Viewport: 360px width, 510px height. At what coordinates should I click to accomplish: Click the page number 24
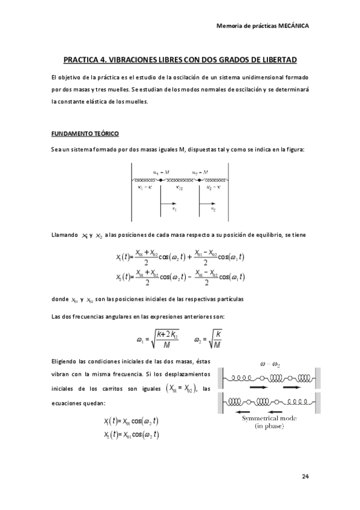[x=305, y=476]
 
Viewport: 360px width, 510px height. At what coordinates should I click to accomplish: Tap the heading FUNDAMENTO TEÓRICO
[x=85, y=132]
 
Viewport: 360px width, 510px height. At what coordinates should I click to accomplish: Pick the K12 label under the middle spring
[x=180, y=187]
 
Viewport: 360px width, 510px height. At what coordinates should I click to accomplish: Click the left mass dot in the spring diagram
[x=160, y=180]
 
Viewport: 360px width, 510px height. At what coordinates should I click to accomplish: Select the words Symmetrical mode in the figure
[x=268, y=419]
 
